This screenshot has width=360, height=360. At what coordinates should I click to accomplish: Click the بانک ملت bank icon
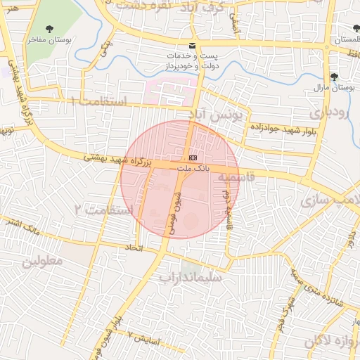[193, 158]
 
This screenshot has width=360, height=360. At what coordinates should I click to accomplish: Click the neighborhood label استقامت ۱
[98, 103]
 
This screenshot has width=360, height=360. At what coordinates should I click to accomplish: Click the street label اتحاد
[134, 247]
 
